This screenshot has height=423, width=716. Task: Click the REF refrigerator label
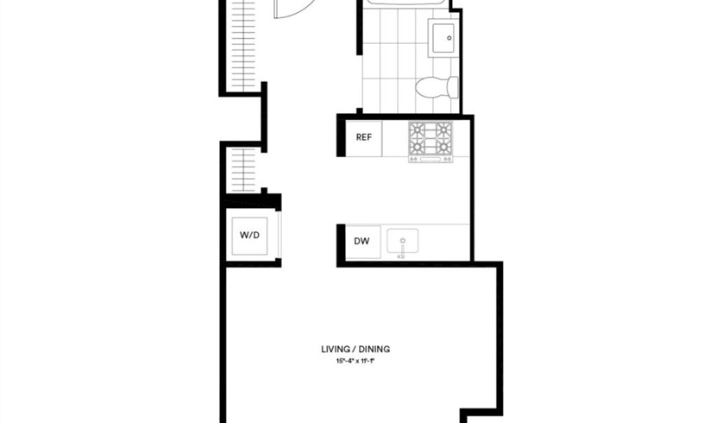[x=364, y=137]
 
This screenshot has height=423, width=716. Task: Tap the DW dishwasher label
[x=361, y=241]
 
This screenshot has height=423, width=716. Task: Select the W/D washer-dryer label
[x=250, y=236]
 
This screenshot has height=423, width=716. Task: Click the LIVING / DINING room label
[x=355, y=350]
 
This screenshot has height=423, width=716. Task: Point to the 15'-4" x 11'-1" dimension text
[x=355, y=362]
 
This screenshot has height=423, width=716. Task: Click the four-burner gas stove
[x=430, y=142]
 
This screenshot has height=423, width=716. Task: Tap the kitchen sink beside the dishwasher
[x=402, y=242]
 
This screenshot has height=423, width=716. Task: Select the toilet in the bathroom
[x=437, y=87]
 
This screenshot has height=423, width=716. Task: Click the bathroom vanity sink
[x=442, y=38]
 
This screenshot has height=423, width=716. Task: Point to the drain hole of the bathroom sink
[x=449, y=38]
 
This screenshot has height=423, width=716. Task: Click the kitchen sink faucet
[x=402, y=248]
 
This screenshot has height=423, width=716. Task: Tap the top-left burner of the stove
[x=418, y=130]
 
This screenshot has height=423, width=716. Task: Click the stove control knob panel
[x=430, y=159]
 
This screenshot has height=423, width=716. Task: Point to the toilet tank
[x=453, y=87]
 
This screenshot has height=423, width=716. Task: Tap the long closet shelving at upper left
[x=243, y=45]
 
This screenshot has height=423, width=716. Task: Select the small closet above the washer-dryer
[x=243, y=170]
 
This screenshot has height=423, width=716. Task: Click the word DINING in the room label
[x=374, y=350]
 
